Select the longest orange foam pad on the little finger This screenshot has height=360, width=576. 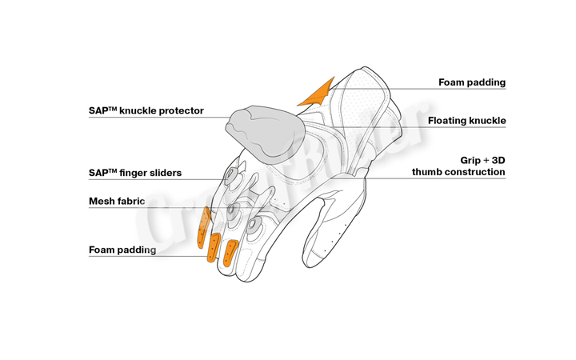(203, 227)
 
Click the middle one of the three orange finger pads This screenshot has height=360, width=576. (214, 247)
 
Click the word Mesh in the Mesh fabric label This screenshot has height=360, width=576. (102, 201)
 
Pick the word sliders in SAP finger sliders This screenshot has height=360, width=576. (167, 173)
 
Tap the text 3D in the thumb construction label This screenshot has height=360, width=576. (499, 161)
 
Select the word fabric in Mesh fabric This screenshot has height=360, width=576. (131, 201)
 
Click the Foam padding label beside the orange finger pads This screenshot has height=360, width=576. (122, 250)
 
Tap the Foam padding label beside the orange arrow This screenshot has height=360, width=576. (472, 82)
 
